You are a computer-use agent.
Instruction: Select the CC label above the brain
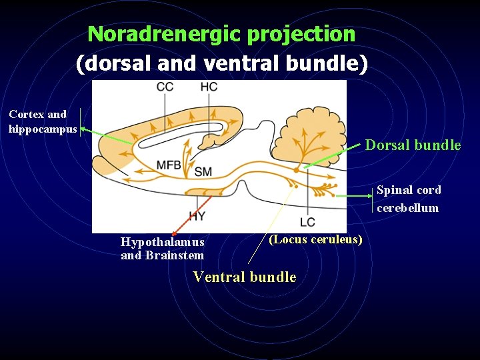tap(165, 87)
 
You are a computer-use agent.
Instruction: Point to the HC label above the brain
tap(209, 87)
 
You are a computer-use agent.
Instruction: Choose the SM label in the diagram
tap(203, 172)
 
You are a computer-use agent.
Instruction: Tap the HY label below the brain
tap(197, 216)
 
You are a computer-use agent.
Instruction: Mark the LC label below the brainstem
tap(307, 221)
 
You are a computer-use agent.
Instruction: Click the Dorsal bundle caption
tap(413, 145)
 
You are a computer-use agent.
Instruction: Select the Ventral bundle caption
tap(244, 277)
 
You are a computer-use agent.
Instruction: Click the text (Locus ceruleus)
tap(315, 239)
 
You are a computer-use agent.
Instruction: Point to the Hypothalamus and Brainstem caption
tap(163, 249)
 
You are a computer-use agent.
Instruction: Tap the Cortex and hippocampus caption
tap(43, 122)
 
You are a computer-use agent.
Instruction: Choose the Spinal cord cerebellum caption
tap(409, 199)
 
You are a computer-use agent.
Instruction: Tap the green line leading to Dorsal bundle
tap(333, 157)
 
